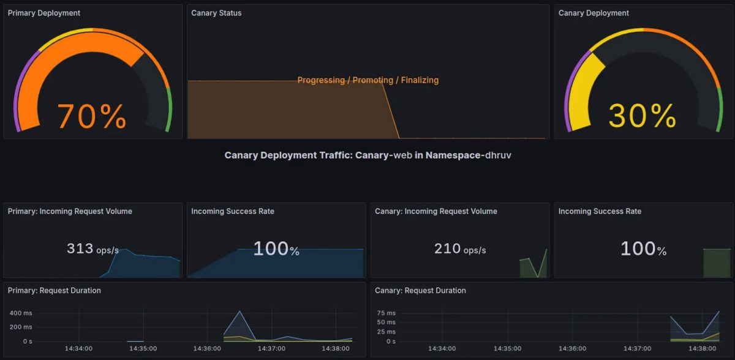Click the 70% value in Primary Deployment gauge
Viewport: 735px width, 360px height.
[x=92, y=116]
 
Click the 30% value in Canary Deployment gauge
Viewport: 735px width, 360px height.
[x=642, y=116]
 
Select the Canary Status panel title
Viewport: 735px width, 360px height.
[x=216, y=13]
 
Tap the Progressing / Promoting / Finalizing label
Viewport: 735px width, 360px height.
[x=367, y=80]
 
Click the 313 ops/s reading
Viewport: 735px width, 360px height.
[x=92, y=249]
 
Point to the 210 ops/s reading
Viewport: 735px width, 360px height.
[x=459, y=249]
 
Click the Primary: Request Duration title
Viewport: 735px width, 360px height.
[x=54, y=290]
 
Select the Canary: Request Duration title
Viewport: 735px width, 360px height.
[x=420, y=290]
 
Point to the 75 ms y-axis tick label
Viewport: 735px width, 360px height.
[x=386, y=313]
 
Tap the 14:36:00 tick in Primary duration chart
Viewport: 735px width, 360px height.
[x=207, y=348]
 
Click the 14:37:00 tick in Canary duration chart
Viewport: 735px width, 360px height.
[x=638, y=348]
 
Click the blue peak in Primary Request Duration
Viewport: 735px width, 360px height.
[x=239, y=312]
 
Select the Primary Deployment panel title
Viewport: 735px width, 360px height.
[x=43, y=13]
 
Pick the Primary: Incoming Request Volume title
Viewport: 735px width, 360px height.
[x=70, y=211]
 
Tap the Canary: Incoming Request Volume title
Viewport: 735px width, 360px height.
[x=435, y=211]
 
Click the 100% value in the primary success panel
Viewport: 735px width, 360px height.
[x=276, y=249]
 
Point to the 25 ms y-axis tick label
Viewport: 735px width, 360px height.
[x=386, y=332]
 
